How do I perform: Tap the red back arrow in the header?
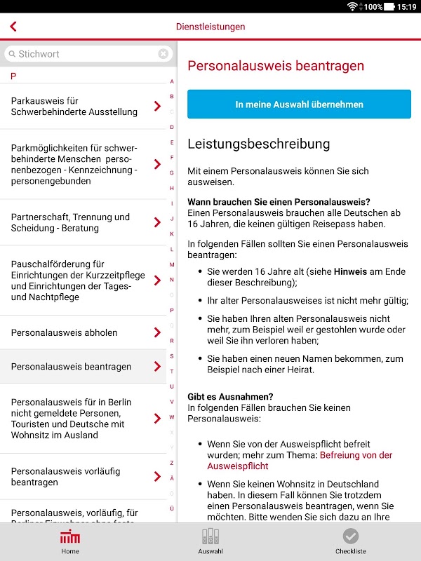tap(13, 27)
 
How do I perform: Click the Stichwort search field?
tap(84, 54)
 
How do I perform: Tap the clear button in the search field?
tap(163, 54)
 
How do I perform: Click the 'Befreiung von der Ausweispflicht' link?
tap(356, 460)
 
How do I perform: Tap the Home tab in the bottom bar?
tap(70, 541)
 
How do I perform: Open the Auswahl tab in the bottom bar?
tap(210, 541)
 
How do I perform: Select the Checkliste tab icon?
tap(350, 536)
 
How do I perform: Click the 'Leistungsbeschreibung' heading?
tap(258, 144)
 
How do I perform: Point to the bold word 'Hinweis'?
tap(349, 271)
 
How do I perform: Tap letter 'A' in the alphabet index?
tap(172, 81)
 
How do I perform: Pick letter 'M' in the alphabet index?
tap(172, 264)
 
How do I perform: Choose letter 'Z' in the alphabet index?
tap(172, 463)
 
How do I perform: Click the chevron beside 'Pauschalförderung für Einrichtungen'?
tap(157, 280)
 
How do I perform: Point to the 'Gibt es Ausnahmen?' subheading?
tap(230, 396)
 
